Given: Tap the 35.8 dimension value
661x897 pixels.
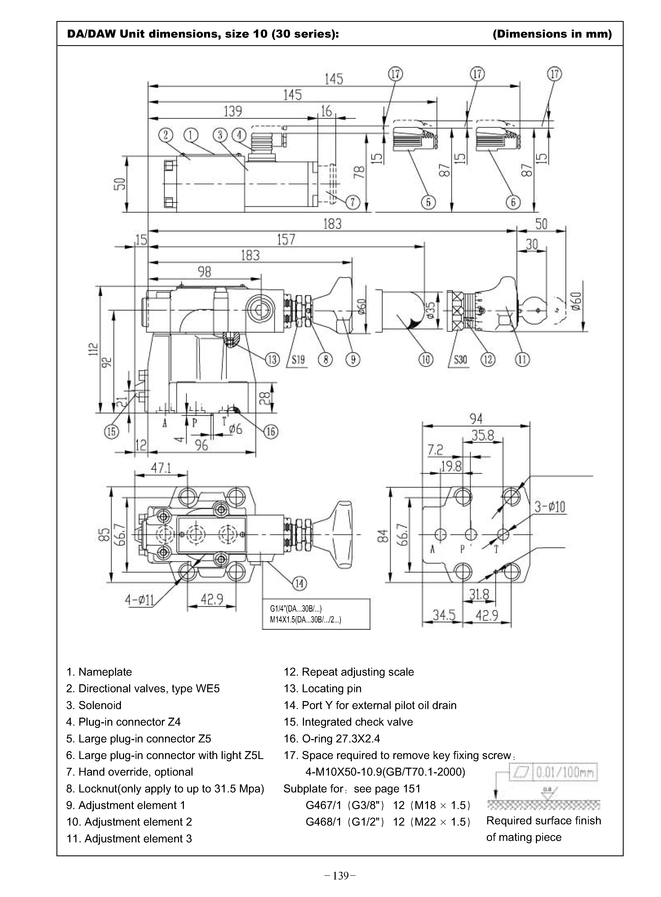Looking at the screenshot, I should [x=483, y=435].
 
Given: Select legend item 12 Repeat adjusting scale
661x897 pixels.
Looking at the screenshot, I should [x=349, y=672].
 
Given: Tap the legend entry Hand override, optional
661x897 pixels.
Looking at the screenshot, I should [x=130, y=772].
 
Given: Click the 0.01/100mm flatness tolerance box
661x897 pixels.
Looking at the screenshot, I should [x=564, y=772].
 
